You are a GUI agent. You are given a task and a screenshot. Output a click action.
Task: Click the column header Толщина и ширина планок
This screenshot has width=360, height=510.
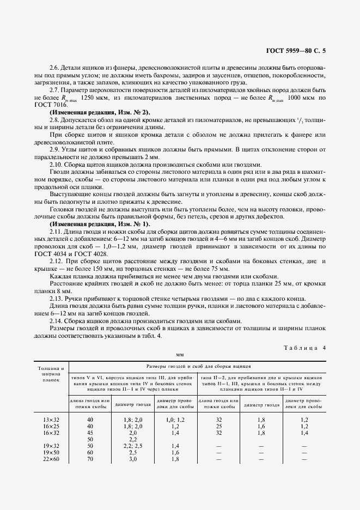[50, 374]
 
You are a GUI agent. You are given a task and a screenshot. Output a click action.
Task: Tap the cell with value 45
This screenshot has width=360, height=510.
[90, 432]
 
